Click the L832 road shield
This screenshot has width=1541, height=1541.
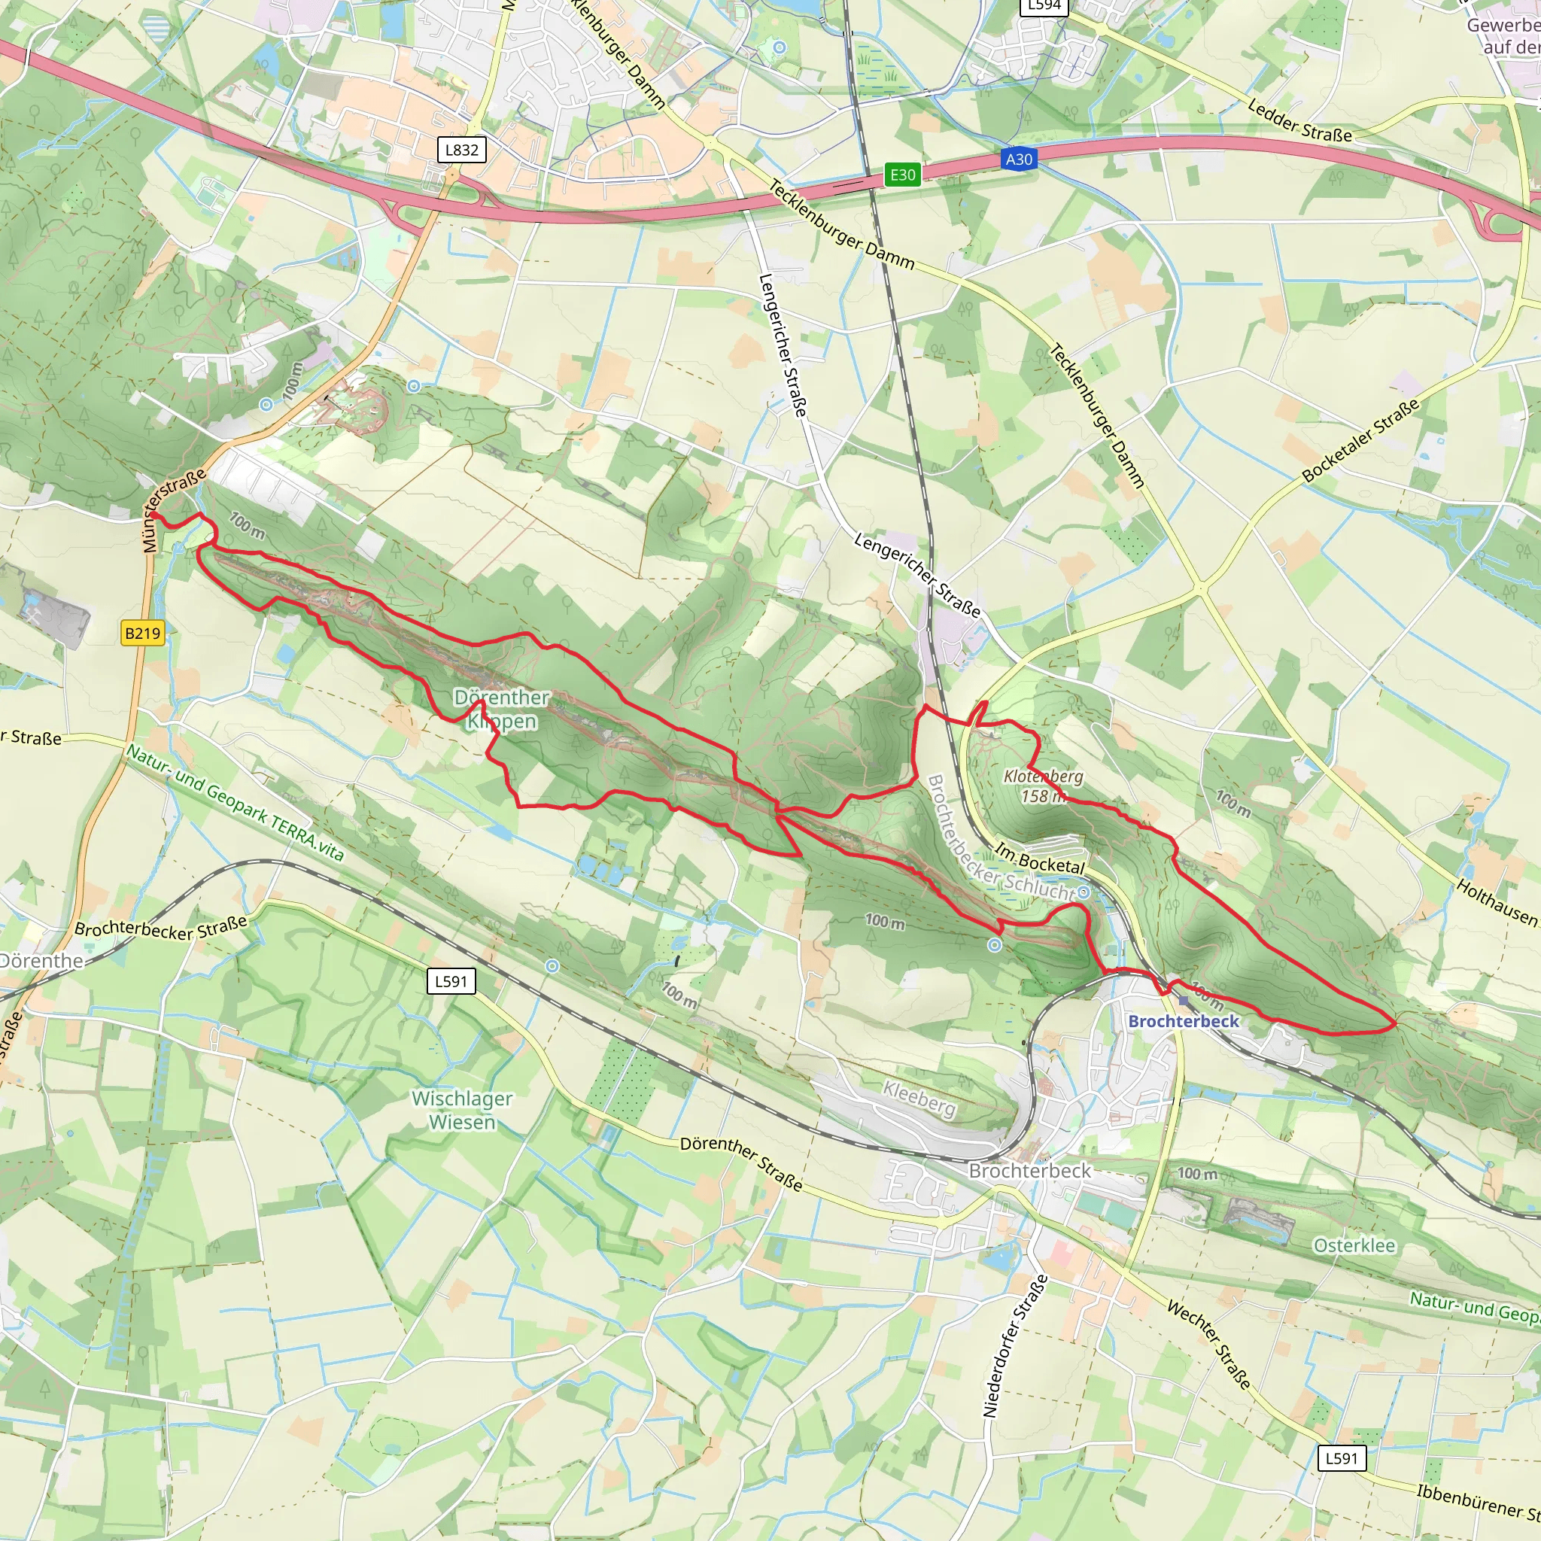pyautogui.click(x=462, y=150)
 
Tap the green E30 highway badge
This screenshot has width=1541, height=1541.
pyautogui.click(x=902, y=175)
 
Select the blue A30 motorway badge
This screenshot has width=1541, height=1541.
pyautogui.click(x=1019, y=160)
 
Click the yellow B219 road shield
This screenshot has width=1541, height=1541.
pyautogui.click(x=143, y=634)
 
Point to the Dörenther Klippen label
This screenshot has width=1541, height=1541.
pyautogui.click(x=502, y=709)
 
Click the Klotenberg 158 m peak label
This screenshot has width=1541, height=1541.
pyautogui.click(x=1042, y=786)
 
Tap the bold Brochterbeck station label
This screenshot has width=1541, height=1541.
pyautogui.click(x=1184, y=1021)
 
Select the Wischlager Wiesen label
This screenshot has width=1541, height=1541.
pyautogui.click(x=462, y=1111)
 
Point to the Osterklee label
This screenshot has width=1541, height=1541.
pyautogui.click(x=1354, y=1246)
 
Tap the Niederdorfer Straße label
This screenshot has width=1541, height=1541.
pyautogui.click(x=1014, y=1346)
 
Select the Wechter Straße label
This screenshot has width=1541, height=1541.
pyautogui.click(x=1208, y=1345)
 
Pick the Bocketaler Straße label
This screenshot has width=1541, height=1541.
pyautogui.click(x=1360, y=440)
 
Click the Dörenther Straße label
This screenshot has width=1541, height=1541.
pyautogui.click(x=741, y=1164)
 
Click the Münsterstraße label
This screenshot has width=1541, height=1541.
pyautogui.click(x=174, y=510)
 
